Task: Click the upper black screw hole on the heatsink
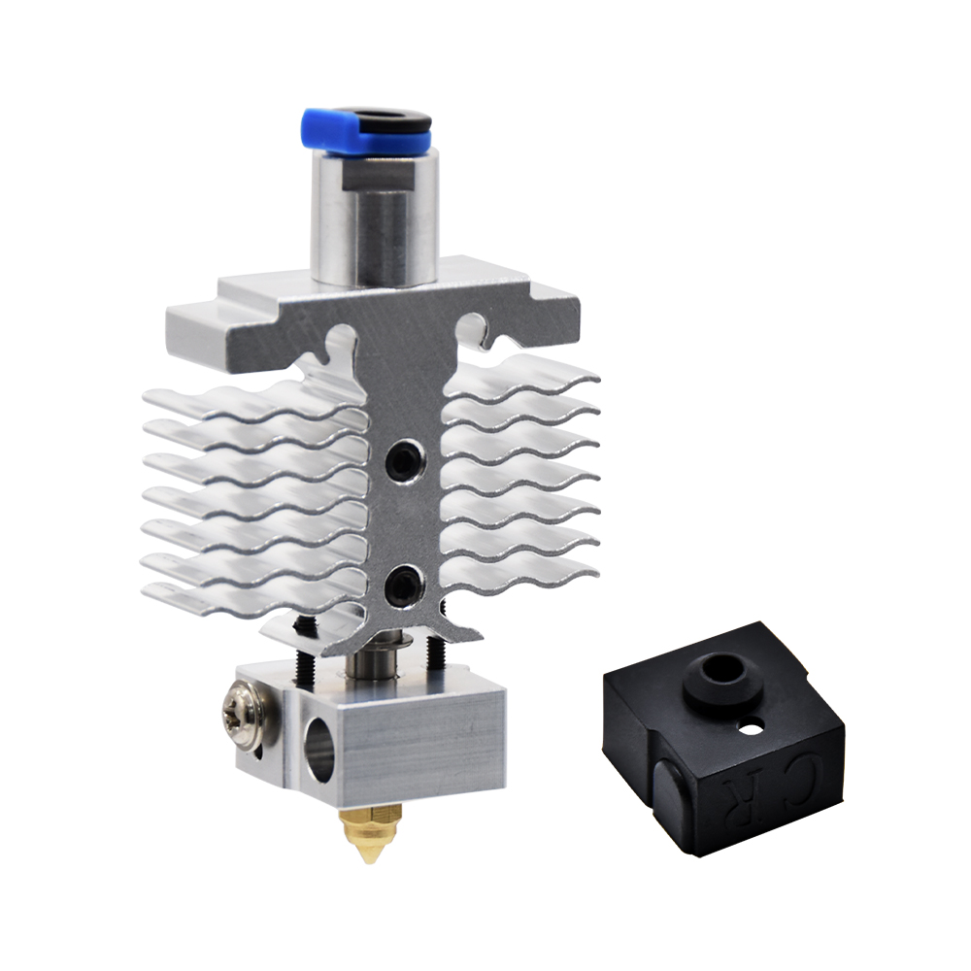[403, 455]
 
